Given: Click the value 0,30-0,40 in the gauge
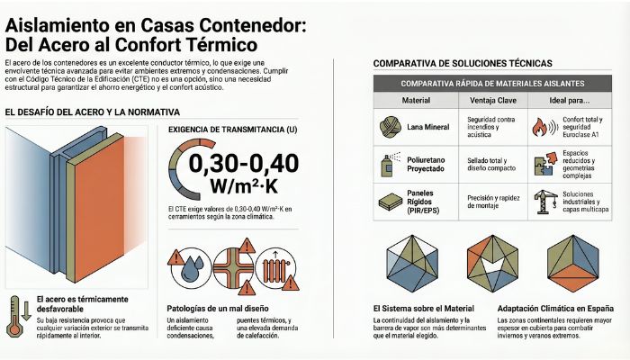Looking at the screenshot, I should (x=254, y=164).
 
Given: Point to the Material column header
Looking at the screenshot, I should (x=415, y=101).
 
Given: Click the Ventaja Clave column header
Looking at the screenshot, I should (x=490, y=101).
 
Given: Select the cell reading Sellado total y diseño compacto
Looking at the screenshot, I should (x=490, y=164).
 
